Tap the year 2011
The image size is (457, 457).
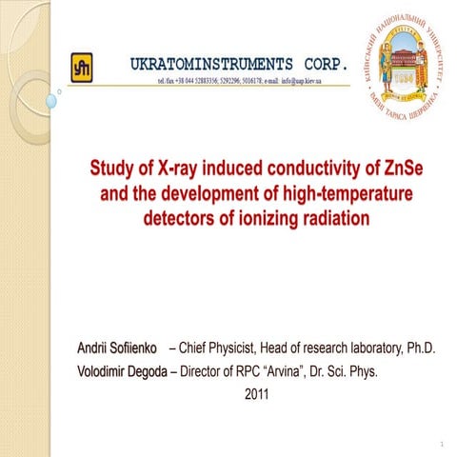point(258,392)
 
